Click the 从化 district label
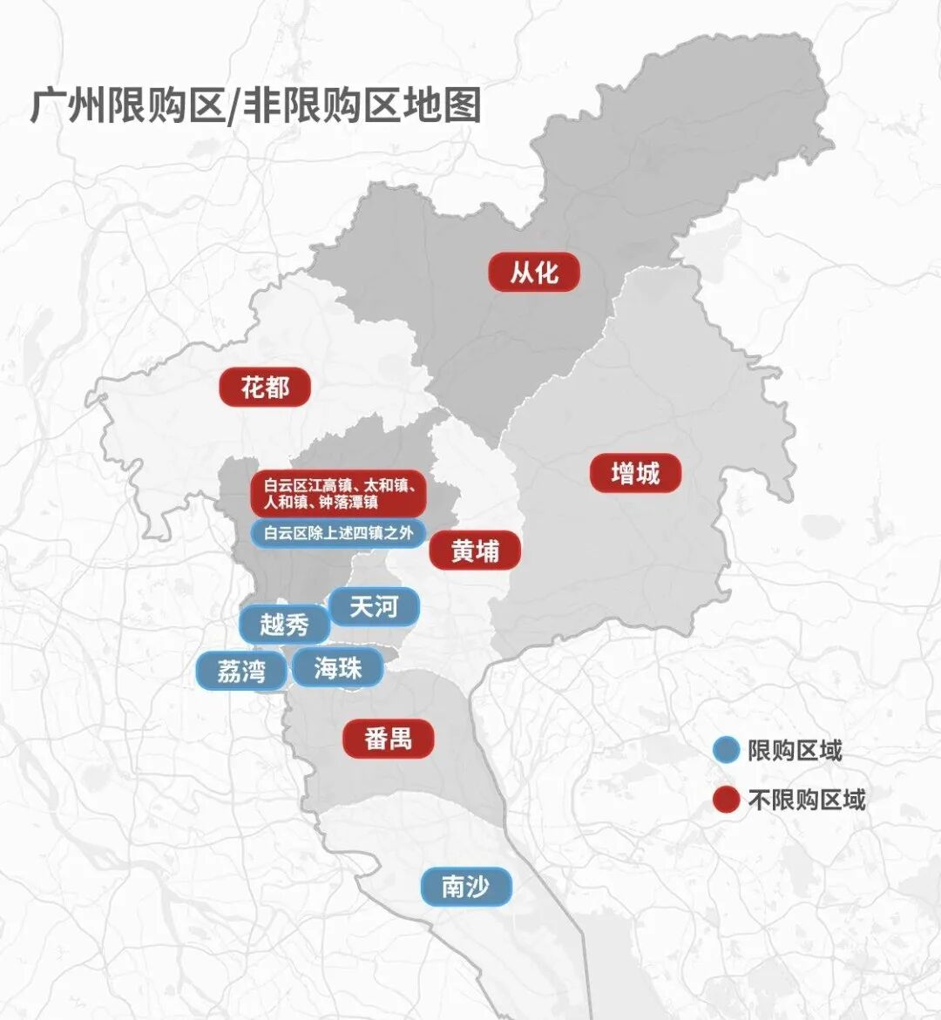534,273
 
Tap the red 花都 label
264,387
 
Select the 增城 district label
635,474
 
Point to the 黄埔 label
475,551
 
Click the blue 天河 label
374,606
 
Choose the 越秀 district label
284,625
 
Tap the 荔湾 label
240,671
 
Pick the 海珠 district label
337,668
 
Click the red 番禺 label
388,740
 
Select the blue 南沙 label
465,888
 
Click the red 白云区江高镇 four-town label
338,494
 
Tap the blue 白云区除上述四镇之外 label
338,533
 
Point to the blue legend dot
725,750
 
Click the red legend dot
725,800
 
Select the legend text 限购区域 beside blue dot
795,750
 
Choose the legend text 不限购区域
807,800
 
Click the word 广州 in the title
68,105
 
